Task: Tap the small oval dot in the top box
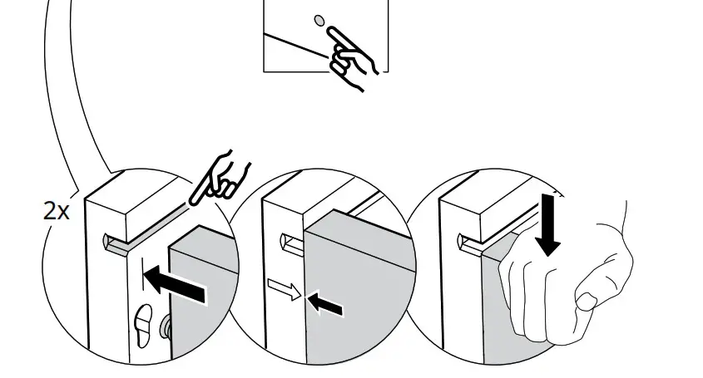pos(319,20)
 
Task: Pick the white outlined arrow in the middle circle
pos(284,291)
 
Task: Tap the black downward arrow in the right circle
pos(548,225)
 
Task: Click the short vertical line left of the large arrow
pos(144,277)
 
